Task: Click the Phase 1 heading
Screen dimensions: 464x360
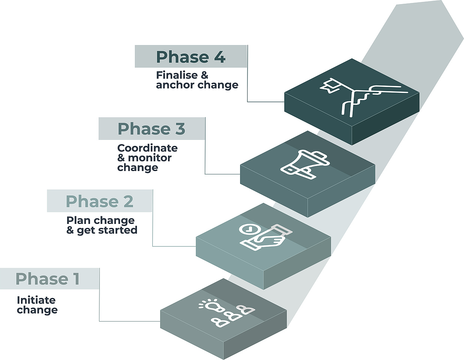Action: point(48,279)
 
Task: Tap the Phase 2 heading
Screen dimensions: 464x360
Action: point(99,201)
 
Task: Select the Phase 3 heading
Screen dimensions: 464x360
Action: point(151,129)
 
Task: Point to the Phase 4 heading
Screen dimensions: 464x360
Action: point(191,57)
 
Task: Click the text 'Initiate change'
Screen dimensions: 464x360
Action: point(37,305)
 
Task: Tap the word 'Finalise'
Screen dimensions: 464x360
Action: point(174,75)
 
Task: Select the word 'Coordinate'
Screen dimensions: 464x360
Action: point(147,148)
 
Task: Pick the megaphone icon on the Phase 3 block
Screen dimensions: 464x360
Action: point(305,165)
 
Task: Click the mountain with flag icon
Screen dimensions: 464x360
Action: point(364,97)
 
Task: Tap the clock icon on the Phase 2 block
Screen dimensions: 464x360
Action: point(249,229)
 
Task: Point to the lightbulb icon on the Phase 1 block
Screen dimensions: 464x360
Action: point(212,306)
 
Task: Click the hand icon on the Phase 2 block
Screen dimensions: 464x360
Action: point(266,237)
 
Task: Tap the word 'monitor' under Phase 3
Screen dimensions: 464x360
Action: point(150,158)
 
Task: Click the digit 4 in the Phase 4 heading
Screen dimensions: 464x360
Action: point(220,57)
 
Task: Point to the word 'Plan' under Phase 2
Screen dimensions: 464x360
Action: point(76,220)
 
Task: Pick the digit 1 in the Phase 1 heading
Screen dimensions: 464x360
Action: point(76,279)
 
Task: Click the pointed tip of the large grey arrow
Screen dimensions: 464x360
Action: point(463,38)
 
